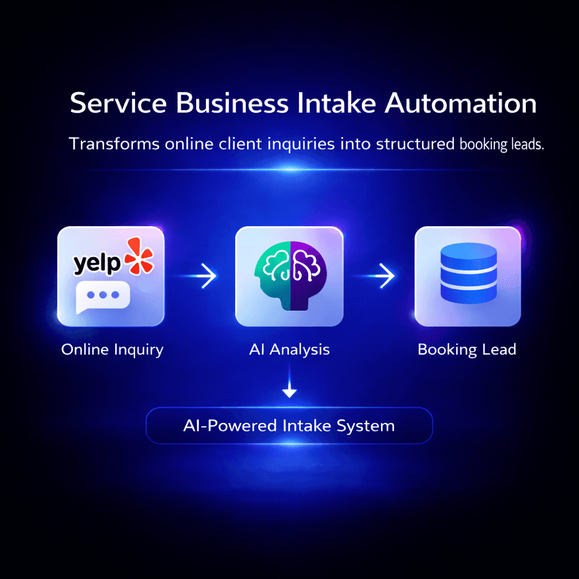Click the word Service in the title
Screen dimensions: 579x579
(x=118, y=105)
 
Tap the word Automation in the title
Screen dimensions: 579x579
(x=460, y=105)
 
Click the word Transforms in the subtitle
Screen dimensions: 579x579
(x=113, y=144)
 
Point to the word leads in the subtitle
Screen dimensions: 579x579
(x=525, y=144)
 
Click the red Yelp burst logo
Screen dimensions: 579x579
(x=139, y=256)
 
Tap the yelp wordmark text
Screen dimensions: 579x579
(x=97, y=263)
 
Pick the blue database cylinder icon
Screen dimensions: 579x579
(x=468, y=276)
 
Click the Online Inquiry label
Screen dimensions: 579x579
(x=112, y=350)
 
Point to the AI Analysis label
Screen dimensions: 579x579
(x=289, y=349)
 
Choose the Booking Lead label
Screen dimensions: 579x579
(x=466, y=349)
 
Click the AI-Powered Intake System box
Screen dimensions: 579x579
(x=289, y=425)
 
